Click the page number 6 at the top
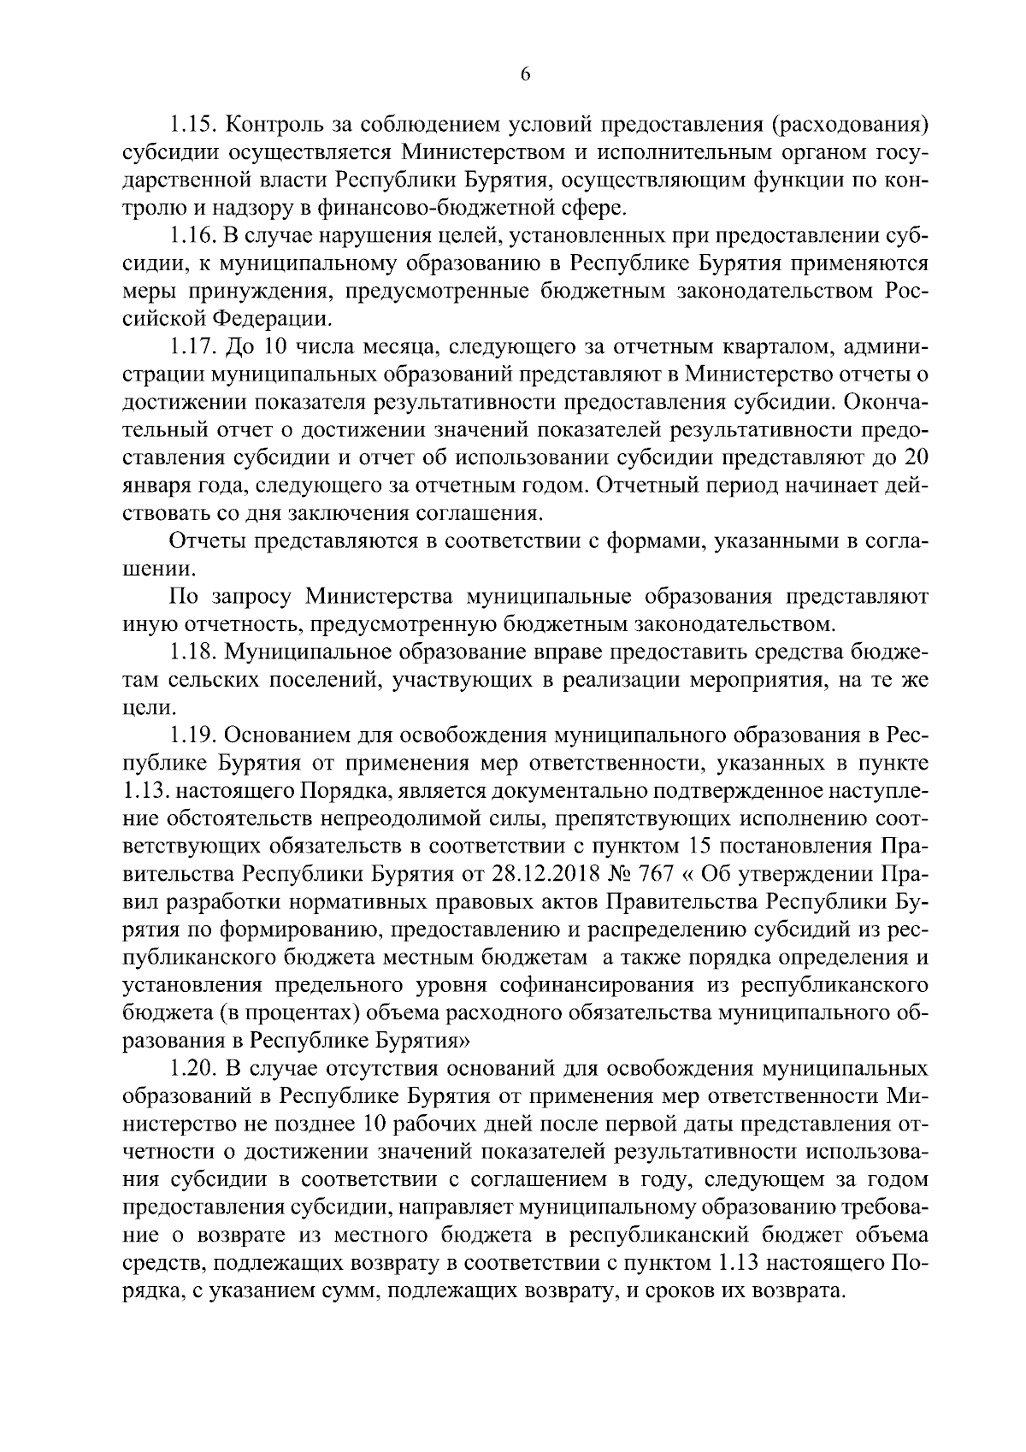pyautogui.click(x=525, y=75)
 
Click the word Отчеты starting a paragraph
pyautogui.click(x=211, y=541)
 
